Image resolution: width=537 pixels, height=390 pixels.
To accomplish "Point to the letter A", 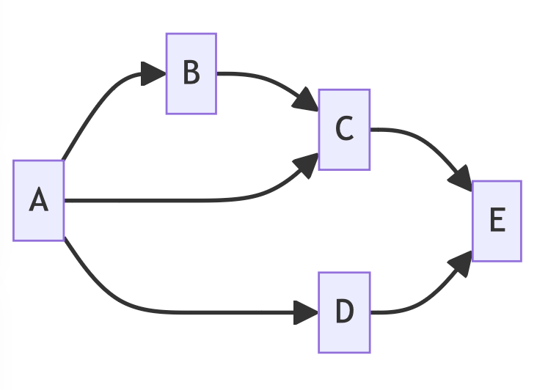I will coord(39,200).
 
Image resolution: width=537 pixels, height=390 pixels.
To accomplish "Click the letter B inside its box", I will coord(191,73).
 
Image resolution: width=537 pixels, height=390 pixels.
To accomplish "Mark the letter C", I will coord(344,130).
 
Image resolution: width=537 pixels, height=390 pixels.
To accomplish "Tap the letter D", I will coord(344,312).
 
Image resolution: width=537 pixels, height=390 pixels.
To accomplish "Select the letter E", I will coord(497,221).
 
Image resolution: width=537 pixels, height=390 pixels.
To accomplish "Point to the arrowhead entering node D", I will coord(307,313).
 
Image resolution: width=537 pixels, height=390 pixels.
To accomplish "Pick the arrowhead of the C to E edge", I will coord(461,179).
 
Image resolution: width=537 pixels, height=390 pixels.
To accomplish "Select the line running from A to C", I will coord(183,200).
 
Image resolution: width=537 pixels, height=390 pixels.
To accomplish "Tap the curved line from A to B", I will coord(95,106).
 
